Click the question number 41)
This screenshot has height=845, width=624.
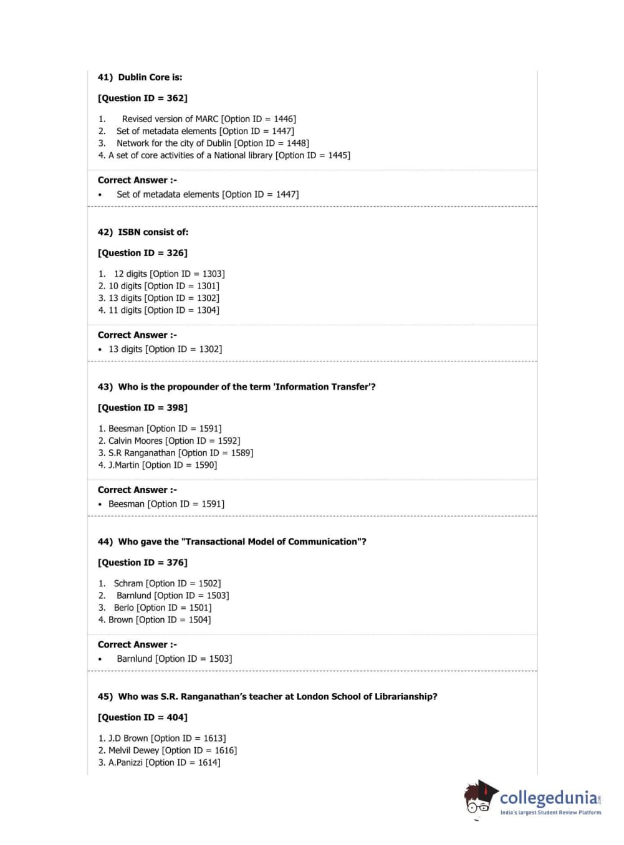[x=105, y=77]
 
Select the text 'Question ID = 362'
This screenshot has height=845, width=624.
[x=143, y=98]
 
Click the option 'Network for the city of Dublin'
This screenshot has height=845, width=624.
[x=173, y=143]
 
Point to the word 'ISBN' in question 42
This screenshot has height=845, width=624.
[x=129, y=232]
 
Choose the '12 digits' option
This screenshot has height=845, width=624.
[x=130, y=274]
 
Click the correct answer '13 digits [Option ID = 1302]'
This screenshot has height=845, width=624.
[x=165, y=349]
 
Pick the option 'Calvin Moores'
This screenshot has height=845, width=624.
[x=135, y=441]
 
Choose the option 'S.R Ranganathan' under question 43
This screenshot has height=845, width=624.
[x=142, y=453]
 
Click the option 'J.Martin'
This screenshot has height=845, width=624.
[x=123, y=465]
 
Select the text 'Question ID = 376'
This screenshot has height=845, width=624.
[x=143, y=562]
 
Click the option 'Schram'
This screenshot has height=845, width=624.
[x=128, y=583]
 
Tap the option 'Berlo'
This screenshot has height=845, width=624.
[x=123, y=608]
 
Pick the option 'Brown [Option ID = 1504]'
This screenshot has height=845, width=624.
[x=159, y=620]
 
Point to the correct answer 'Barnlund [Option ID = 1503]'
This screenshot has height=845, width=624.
[x=174, y=659]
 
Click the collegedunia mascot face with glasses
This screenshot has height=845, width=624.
[x=479, y=800]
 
